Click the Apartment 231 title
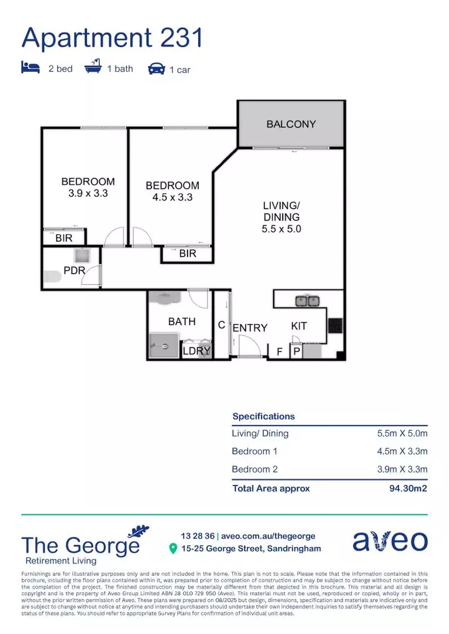pos(112,38)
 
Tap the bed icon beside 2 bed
pos(31,68)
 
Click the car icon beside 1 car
pos(156,69)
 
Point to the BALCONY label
pos(291,124)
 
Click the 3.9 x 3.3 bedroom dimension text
pos(88,193)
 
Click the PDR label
pos(75,271)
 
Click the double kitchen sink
pos(307,301)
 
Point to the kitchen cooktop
pos(335,325)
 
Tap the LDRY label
pos(196,351)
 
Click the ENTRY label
pos(250,328)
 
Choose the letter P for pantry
pos(297,352)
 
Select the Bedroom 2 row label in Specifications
pos(254,469)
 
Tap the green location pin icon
pos(173,549)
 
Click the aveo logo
pos(390,541)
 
